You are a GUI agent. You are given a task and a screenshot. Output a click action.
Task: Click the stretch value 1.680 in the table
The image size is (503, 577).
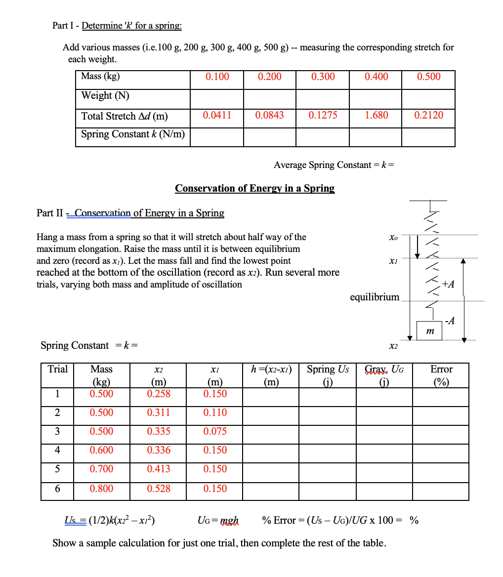coord(376,115)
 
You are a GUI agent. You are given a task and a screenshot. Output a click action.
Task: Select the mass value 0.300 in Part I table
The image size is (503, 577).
coord(323,77)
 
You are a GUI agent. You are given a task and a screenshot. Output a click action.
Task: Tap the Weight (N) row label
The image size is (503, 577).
coord(105,95)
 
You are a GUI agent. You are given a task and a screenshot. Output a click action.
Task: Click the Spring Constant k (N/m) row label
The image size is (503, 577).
coord(133,134)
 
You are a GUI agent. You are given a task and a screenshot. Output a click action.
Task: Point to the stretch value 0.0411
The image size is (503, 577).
coord(217,115)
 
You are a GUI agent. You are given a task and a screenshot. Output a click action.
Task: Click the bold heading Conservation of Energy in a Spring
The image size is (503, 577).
coord(254,188)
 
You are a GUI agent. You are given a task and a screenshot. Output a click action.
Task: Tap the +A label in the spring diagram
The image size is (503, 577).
coord(448,284)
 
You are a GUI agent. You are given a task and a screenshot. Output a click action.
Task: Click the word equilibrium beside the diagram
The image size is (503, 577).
coord(374,297)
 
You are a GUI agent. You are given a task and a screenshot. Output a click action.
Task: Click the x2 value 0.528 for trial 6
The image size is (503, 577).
coord(159,489)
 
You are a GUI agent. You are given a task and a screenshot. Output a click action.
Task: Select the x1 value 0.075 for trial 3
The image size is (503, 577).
coord(215,431)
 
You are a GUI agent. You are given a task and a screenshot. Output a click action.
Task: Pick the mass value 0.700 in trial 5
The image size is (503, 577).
coord(101,469)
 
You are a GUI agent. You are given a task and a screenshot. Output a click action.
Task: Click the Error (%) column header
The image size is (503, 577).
coord(441,375)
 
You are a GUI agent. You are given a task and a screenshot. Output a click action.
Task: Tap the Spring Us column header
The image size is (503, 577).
coord(328,375)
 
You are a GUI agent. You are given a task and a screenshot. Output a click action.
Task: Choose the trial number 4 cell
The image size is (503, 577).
coord(57,450)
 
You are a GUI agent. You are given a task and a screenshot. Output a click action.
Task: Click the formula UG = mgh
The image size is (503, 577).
coord(217,520)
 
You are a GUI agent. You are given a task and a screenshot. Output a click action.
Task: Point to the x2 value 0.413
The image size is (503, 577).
coord(159,469)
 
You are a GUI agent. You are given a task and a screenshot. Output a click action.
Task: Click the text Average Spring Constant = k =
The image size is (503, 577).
coord(334,165)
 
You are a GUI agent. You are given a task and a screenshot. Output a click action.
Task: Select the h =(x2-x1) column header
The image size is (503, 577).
coord(271,375)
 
